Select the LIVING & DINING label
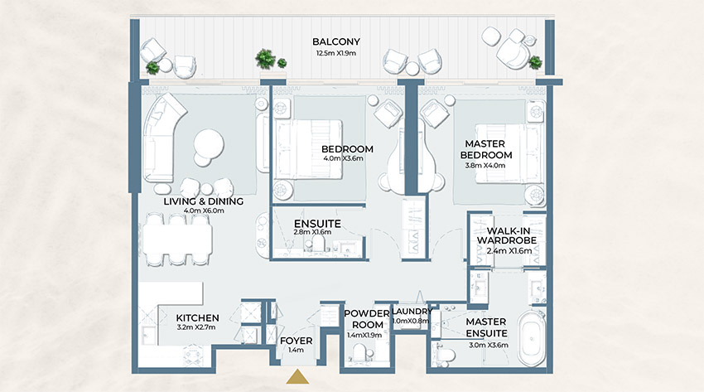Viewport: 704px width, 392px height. [203, 201]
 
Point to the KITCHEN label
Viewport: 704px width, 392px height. [197, 317]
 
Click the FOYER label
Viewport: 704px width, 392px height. [296, 340]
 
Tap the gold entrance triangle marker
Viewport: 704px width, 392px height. [296, 378]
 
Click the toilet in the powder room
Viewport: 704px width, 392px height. [358, 354]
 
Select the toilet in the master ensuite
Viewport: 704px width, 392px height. [445, 356]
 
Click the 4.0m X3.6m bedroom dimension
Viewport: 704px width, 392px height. [347, 160]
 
